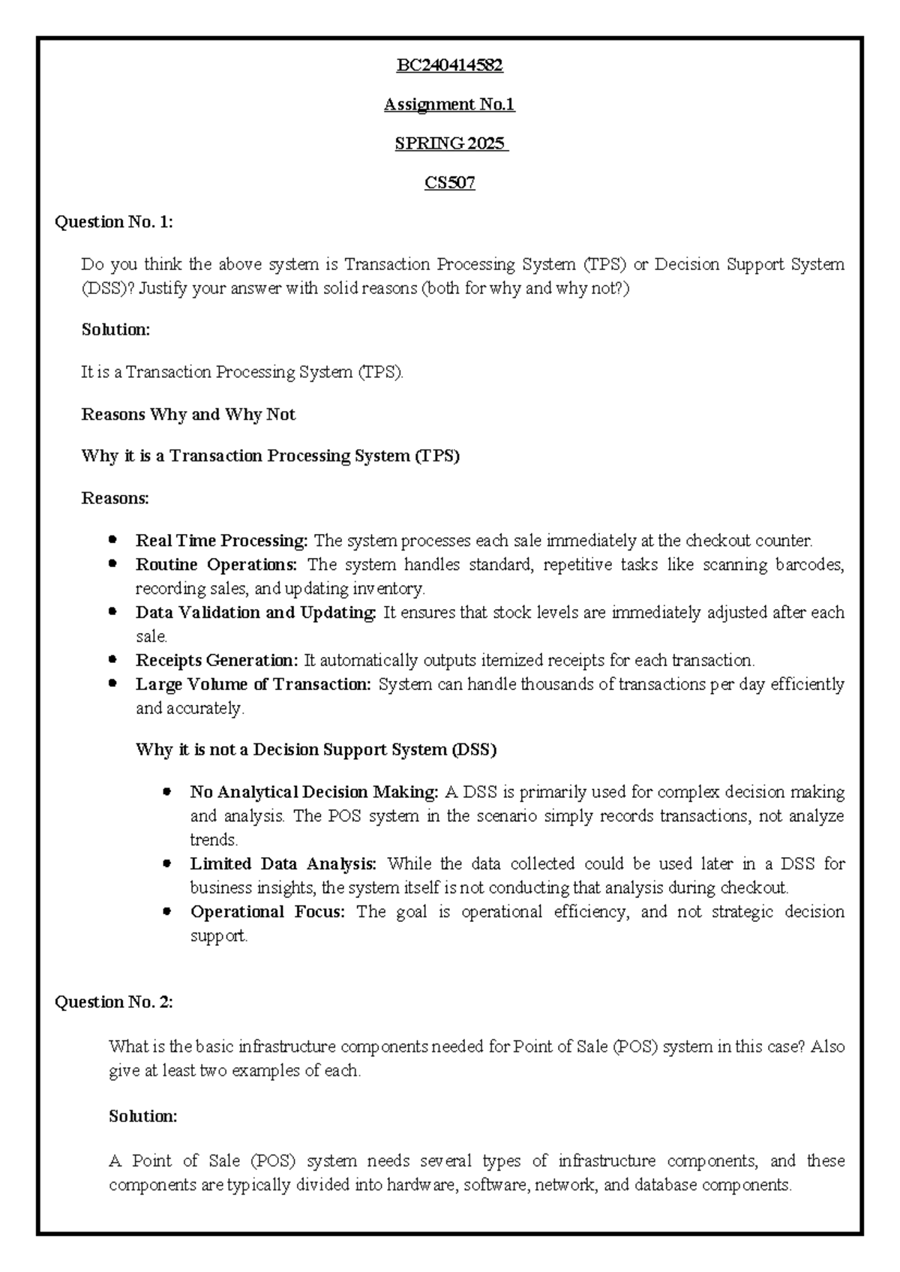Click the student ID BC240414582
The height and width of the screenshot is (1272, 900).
click(x=449, y=65)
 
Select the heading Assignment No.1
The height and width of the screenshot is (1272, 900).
click(x=449, y=104)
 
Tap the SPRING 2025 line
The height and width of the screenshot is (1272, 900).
click(x=451, y=143)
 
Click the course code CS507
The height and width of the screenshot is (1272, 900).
click(x=449, y=182)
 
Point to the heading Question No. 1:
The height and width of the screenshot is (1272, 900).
click(x=114, y=221)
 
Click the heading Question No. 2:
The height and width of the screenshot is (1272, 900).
click(x=114, y=1002)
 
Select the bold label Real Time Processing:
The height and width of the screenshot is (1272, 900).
click(x=221, y=541)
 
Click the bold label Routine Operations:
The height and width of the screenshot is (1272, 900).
click(x=216, y=565)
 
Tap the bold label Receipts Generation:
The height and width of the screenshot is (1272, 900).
click(x=217, y=661)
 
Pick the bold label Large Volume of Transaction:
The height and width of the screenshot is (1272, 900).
click(x=253, y=684)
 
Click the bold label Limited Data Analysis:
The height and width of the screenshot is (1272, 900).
click(x=283, y=864)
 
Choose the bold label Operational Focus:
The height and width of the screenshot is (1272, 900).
click(x=267, y=912)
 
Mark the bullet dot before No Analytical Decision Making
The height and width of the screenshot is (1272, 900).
click(x=167, y=792)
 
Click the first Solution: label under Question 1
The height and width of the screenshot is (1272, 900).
click(x=115, y=329)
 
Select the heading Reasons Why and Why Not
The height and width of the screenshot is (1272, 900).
click(x=188, y=415)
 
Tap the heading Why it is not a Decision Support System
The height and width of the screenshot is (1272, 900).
click(x=316, y=750)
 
